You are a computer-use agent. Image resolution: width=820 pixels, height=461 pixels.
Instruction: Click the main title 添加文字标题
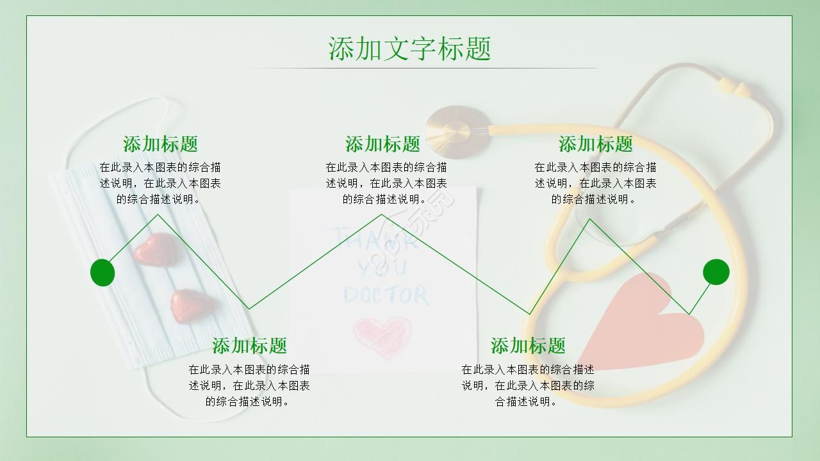410,49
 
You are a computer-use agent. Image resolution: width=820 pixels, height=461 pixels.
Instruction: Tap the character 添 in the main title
342,49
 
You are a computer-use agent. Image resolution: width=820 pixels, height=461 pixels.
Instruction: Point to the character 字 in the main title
424,49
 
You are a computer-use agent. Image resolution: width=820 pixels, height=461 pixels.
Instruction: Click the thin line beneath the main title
421,68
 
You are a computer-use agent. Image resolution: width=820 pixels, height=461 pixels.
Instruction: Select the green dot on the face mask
102,273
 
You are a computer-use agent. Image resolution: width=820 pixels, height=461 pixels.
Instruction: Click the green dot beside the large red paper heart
716,272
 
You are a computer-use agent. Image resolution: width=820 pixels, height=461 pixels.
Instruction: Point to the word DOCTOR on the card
385,295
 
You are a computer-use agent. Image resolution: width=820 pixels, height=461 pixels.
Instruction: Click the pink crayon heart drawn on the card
382,336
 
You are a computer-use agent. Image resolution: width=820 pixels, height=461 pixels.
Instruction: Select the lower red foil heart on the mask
188,305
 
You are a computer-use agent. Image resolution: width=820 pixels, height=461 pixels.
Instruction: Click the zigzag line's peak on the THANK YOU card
382,214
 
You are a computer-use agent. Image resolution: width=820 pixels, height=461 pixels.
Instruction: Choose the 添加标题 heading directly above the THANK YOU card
382,144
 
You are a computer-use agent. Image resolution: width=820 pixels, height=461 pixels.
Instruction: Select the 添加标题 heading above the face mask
160,144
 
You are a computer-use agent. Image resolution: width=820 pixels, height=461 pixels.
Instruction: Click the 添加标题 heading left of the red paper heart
528,346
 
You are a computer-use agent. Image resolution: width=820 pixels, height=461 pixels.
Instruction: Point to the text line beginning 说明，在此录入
528,385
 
